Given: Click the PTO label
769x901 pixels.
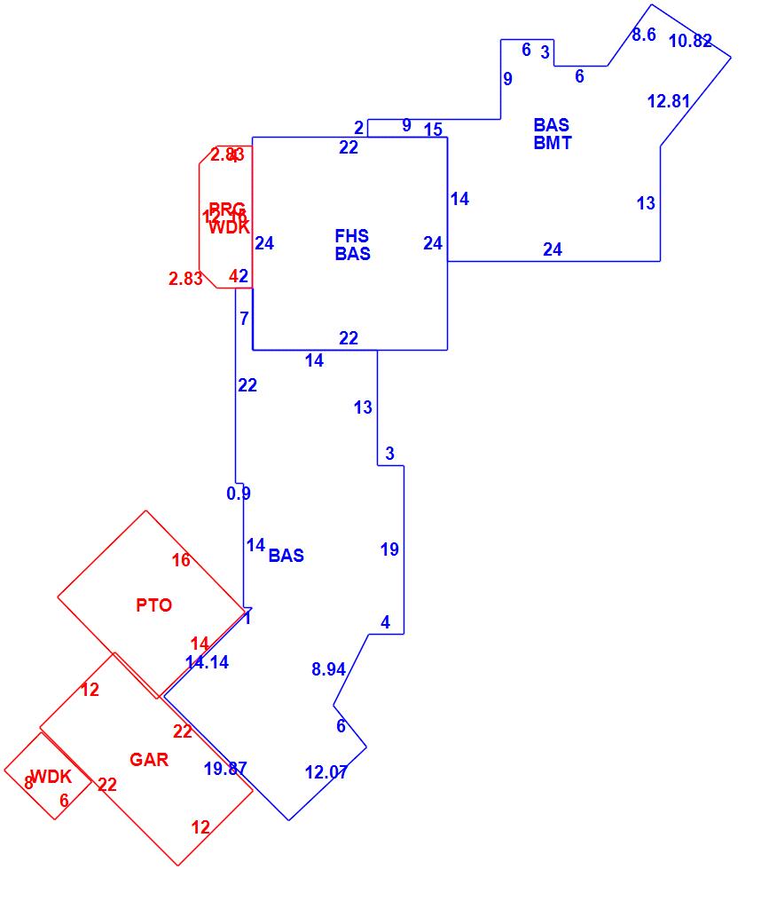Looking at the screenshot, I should pyautogui.click(x=154, y=605).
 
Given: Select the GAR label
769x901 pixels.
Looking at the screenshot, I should pyautogui.click(x=149, y=760).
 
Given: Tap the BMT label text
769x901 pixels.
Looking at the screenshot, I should pyautogui.click(x=553, y=143).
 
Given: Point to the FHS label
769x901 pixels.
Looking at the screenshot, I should pyautogui.click(x=352, y=236).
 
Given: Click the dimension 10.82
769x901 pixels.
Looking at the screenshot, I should pyautogui.click(x=690, y=41).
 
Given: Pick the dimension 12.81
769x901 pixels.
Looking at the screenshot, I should pyautogui.click(x=669, y=101).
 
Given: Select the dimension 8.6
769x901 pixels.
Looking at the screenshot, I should pyautogui.click(x=644, y=35).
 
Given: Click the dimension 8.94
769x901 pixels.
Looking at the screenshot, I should pyautogui.click(x=328, y=669).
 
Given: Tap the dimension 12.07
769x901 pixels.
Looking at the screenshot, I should pyautogui.click(x=326, y=772).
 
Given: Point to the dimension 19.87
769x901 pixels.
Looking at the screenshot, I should pyautogui.click(x=225, y=769).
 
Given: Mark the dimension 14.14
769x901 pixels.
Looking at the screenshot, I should pyautogui.click(x=207, y=662).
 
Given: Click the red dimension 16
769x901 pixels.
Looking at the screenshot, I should pyautogui.click(x=181, y=560).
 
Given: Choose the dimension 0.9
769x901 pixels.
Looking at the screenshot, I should pyautogui.click(x=239, y=494).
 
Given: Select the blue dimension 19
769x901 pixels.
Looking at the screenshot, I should pyautogui.click(x=389, y=550).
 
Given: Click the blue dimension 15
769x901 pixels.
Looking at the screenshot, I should pyautogui.click(x=433, y=130).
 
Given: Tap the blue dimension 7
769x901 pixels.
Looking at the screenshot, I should pyautogui.click(x=245, y=319).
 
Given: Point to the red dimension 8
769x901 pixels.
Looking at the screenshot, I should pyautogui.click(x=28, y=783).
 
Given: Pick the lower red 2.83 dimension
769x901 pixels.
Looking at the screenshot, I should pyautogui.click(x=185, y=280).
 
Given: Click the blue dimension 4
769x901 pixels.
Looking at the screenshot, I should pyautogui.click(x=385, y=623).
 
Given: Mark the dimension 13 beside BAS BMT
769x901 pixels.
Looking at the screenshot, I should pyautogui.click(x=646, y=203).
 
